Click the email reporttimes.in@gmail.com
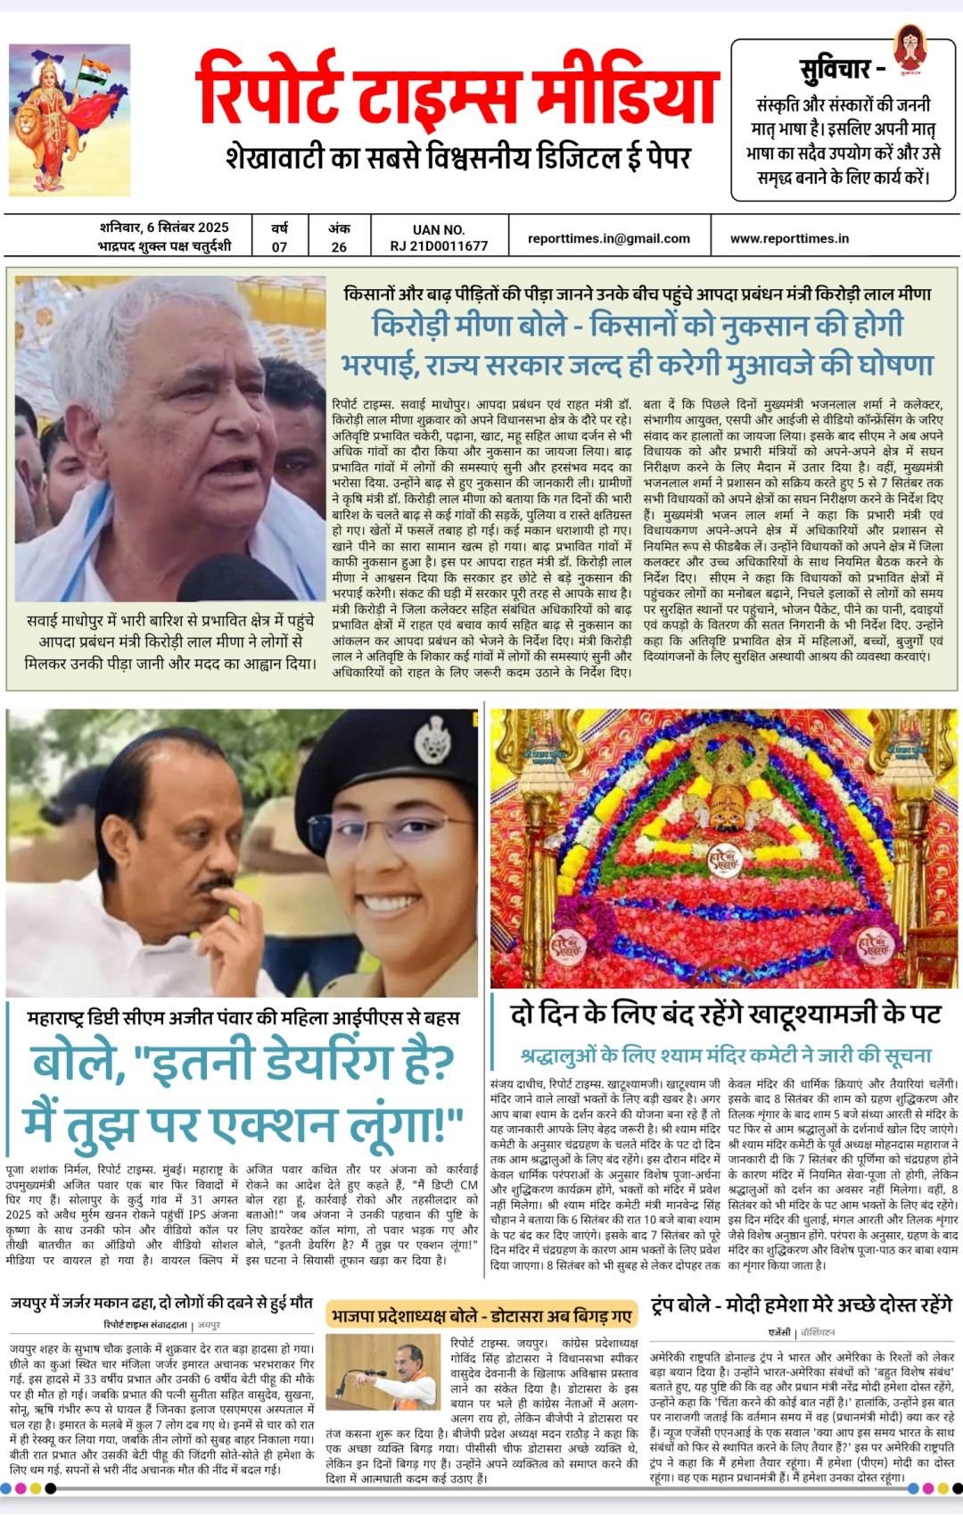tap(609, 238)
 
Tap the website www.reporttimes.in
tap(789, 238)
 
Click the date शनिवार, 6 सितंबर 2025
tap(164, 228)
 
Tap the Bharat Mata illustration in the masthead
tap(70, 120)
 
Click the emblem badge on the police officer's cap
tap(434, 740)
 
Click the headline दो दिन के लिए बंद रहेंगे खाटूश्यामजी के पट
tap(725, 1014)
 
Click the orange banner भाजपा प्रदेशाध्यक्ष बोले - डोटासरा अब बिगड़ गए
tap(481, 1316)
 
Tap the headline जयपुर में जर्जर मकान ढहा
tap(161, 1303)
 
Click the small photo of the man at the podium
tap(384, 1371)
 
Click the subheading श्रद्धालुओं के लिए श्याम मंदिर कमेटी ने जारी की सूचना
tap(726, 1056)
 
